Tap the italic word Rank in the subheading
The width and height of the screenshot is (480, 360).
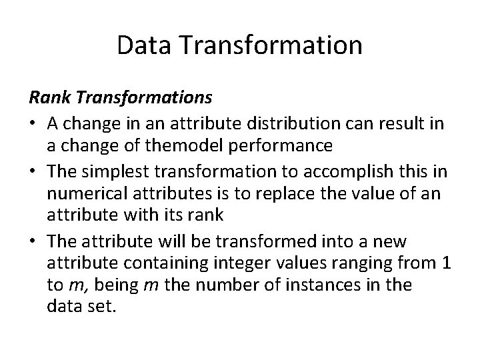pos(49,98)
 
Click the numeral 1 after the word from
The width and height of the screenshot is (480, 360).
pos(444,264)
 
